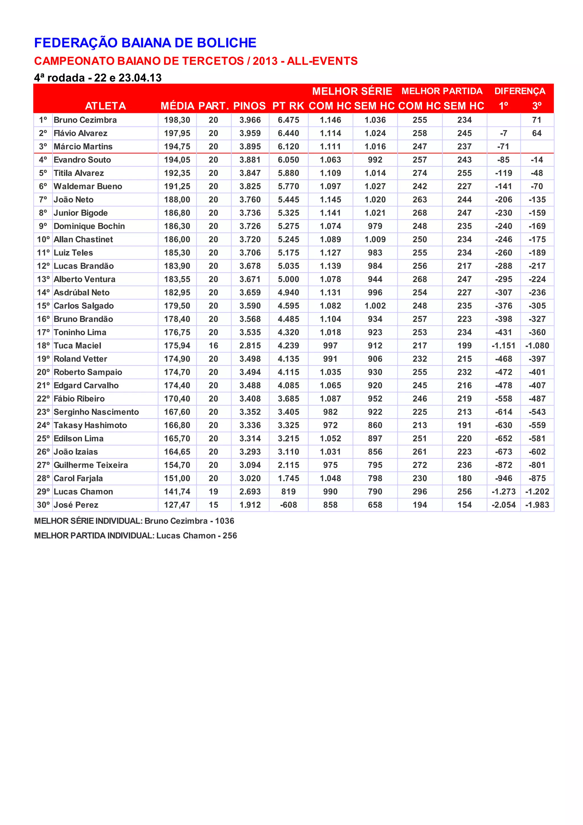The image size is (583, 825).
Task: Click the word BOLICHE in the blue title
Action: coord(226,43)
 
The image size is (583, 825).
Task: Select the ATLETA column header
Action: coord(105,106)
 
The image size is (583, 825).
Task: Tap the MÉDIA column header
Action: coord(177,106)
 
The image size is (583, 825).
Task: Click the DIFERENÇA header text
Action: coord(520,91)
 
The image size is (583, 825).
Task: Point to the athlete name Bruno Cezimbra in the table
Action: coord(85,120)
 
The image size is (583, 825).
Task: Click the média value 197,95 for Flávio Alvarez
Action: coord(177,133)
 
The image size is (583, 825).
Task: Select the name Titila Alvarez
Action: coord(79,173)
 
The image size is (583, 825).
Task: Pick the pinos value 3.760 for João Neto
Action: coord(250,200)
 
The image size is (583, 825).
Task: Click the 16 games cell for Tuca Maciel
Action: coord(214,346)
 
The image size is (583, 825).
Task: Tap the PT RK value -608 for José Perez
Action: coord(288,505)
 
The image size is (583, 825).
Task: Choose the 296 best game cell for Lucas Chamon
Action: coord(420,492)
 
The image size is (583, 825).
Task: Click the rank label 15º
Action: coord(43,306)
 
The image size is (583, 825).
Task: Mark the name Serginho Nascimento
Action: coord(96,412)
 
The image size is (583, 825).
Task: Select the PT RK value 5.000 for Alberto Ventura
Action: coord(288,279)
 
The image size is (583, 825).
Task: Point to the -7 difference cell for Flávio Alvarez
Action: coord(504,133)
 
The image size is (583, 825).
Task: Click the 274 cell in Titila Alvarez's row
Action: coord(420,173)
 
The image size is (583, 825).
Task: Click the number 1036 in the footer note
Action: coord(225,521)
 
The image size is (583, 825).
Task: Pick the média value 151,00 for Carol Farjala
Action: coord(177,478)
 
